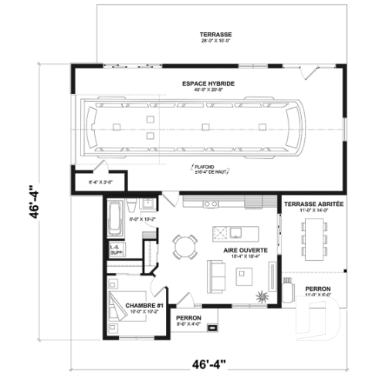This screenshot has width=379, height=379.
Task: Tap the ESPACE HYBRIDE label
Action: pos(208,83)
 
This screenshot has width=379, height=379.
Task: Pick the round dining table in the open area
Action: pos(185,247)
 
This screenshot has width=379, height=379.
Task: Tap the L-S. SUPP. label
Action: pos(117,249)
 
